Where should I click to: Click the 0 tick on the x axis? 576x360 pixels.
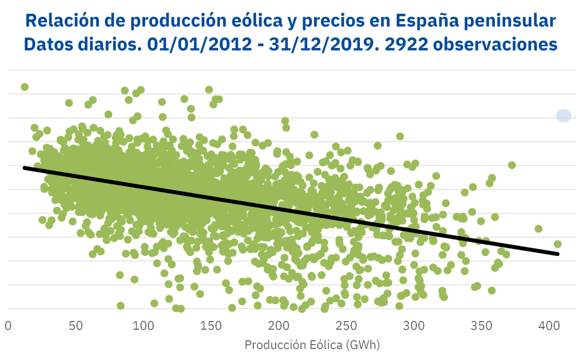tap(8, 325)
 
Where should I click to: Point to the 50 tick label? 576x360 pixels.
tap(76, 325)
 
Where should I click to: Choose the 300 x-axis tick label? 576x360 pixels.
tap(413, 325)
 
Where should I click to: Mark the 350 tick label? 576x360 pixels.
tap(481, 325)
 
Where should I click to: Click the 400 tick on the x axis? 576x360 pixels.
tap(548, 325)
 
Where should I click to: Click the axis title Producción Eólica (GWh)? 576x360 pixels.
tap(312, 345)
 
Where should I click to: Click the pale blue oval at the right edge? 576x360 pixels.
tap(564, 115)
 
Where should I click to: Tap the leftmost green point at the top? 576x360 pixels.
tap(25, 87)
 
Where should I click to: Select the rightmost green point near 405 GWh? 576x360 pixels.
tap(557, 244)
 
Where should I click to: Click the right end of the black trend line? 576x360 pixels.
tap(558, 254)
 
